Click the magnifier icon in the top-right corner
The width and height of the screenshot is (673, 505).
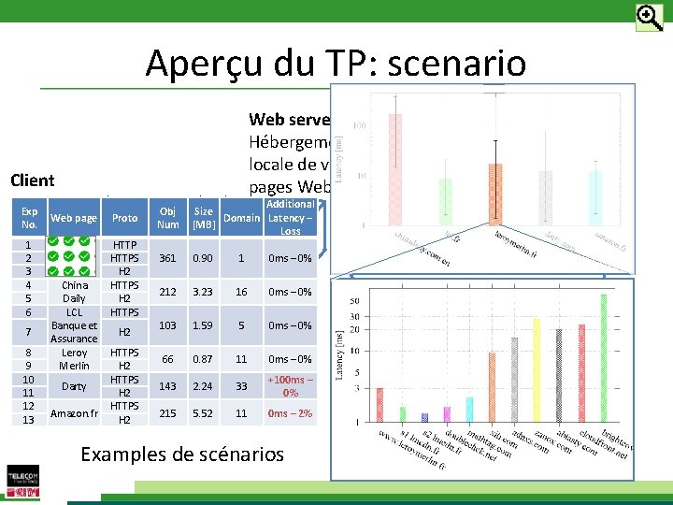click(x=649, y=17)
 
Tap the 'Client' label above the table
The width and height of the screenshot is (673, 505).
click(x=32, y=180)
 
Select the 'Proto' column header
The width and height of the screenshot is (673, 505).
click(x=124, y=218)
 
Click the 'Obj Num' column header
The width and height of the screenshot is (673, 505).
click(x=168, y=218)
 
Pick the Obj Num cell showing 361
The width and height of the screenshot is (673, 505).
click(x=168, y=257)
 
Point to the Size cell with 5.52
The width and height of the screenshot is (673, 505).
click(x=204, y=412)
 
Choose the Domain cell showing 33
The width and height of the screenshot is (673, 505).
click(x=241, y=386)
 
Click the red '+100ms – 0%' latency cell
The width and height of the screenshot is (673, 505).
click(x=291, y=386)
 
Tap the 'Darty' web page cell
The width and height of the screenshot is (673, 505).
click(x=74, y=386)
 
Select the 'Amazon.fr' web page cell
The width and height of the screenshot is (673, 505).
click(x=74, y=413)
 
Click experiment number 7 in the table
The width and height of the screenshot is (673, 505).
click(x=29, y=332)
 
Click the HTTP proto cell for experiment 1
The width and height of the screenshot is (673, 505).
click(x=124, y=243)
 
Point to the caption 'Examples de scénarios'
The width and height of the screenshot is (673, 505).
click(x=182, y=454)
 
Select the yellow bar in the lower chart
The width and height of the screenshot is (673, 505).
click(x=537, y=369)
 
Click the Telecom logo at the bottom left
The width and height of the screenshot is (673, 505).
click(x=23, y=478)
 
